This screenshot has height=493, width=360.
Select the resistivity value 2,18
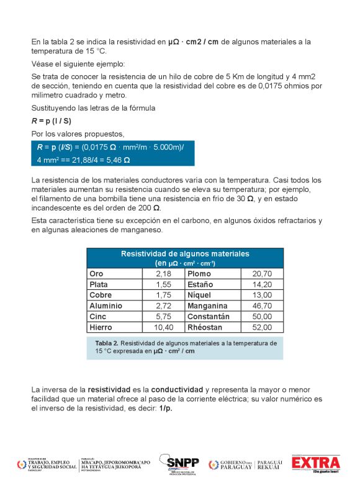click(163, 274)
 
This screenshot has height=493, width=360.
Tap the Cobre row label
click(101, 295)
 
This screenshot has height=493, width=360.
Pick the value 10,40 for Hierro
click(163, 327)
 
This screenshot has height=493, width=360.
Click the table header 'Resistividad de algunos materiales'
click(184, 254)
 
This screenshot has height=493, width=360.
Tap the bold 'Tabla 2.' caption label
click(107, 343)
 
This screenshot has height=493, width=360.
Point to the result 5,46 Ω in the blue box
click(118, 160)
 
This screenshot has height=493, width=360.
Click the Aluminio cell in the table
click(106, 306)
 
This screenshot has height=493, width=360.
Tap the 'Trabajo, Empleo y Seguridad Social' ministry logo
click(47, 464)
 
